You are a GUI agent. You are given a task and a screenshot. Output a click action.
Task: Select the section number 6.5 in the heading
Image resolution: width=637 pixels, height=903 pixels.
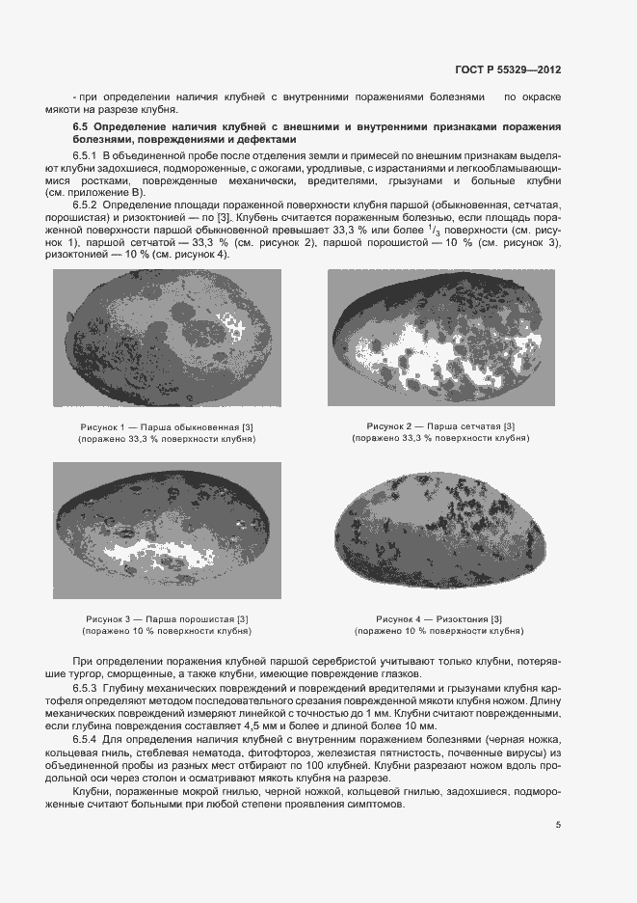point(81,127)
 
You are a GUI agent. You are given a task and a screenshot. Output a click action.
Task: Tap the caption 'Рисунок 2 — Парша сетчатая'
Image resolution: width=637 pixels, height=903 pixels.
point(440,426)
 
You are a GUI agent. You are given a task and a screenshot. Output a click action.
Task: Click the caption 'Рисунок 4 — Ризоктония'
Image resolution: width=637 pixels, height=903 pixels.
point(440,618)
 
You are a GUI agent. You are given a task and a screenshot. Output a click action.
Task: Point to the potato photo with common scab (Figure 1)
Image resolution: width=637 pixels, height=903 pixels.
point(167,337)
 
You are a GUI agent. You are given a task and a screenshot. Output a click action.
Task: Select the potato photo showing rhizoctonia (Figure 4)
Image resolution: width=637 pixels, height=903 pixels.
point(440,529)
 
